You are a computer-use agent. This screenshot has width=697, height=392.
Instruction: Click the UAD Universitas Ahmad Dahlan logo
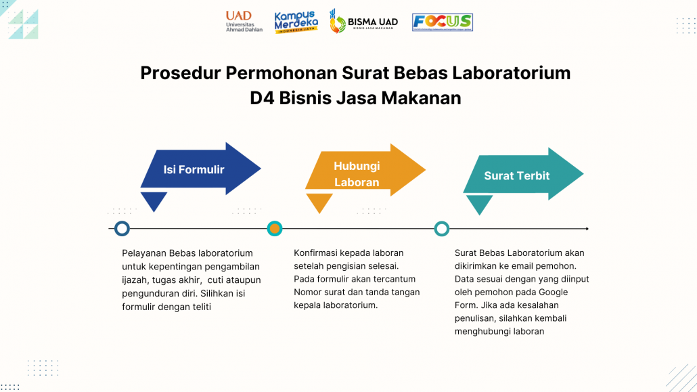244,22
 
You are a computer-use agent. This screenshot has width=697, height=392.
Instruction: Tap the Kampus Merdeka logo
296,22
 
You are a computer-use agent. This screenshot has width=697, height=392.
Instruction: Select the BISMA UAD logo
363,22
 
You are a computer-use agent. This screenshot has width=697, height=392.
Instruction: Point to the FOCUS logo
443,22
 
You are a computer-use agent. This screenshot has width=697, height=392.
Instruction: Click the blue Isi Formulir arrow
200,169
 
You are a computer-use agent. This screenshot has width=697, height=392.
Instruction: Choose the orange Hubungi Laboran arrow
365,170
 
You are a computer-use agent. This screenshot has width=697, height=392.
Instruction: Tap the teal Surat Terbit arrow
523,174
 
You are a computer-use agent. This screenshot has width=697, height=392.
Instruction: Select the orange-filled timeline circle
275,229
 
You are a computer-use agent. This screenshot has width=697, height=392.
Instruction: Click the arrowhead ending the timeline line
587,229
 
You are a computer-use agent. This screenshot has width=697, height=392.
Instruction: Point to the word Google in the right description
554,292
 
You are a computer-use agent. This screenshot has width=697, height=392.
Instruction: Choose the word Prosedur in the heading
181,73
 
